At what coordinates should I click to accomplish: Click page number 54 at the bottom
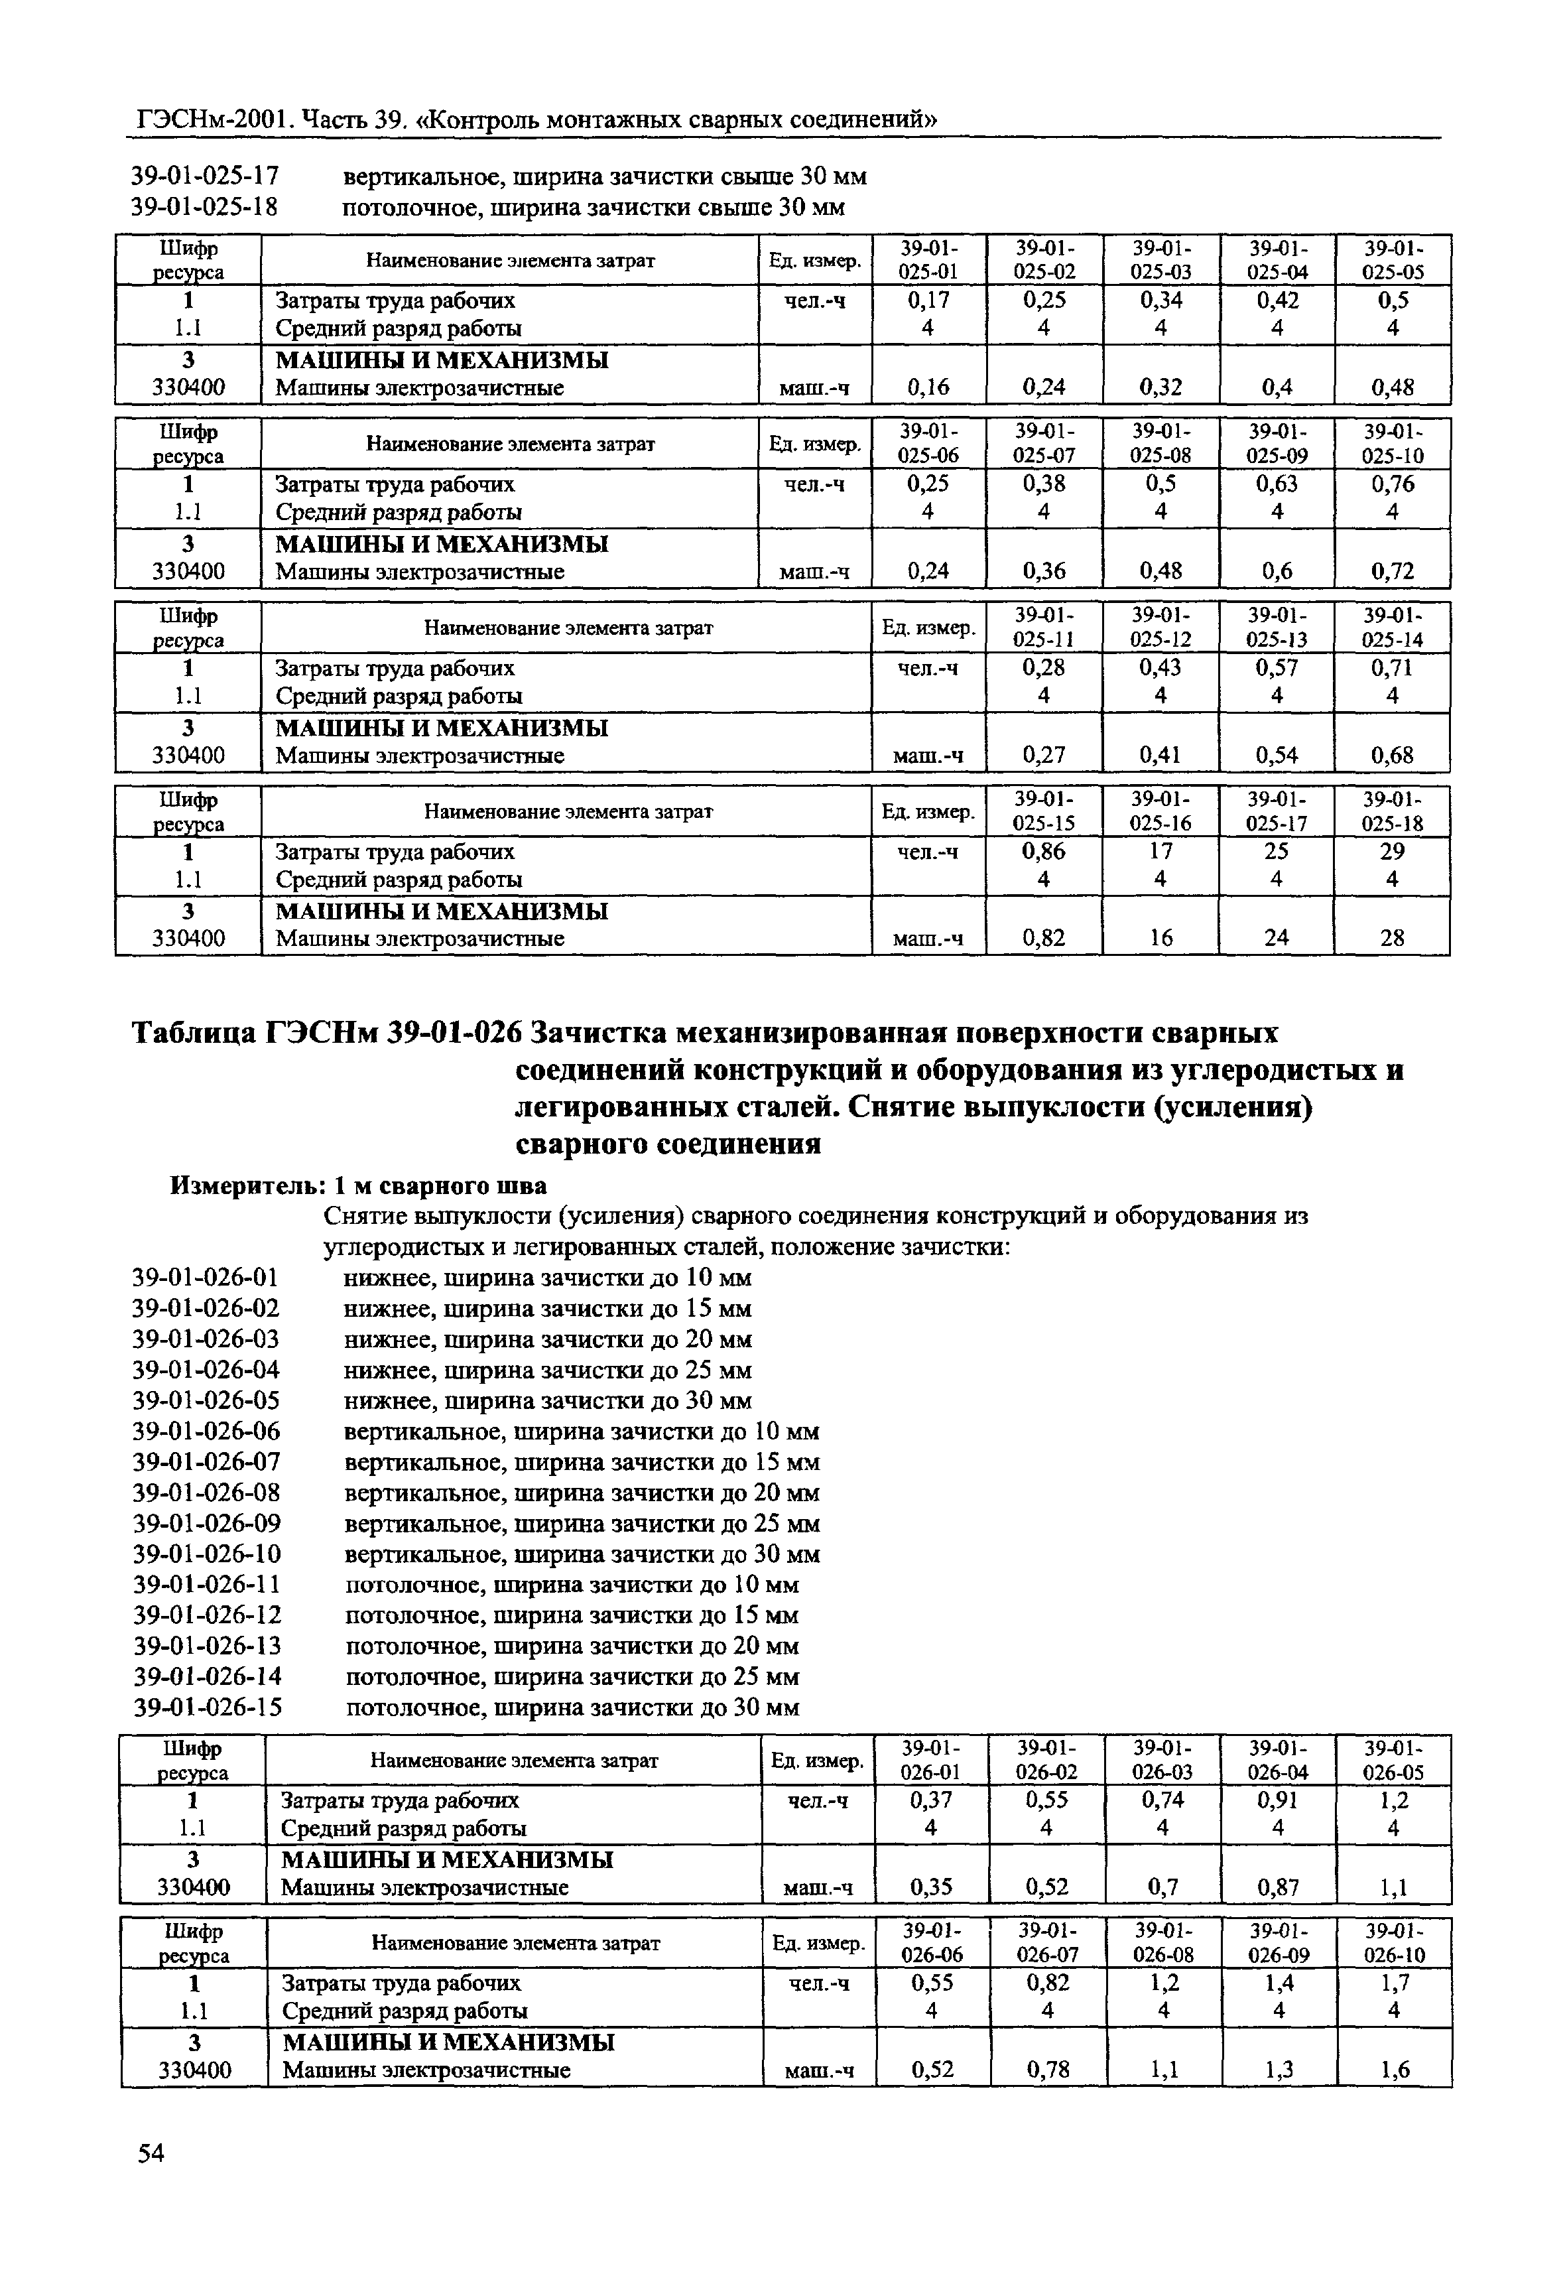pyautogui.click(x=151, y=2154)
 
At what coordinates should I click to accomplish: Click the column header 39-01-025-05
pyautogui.click(x=1392, y=260)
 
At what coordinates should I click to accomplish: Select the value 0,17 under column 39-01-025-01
pyautogui.click(x=928, y=301)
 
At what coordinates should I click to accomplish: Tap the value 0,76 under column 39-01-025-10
pyautogui.click(x=1392, y=484)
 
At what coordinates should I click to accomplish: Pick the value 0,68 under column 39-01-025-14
pyautogui.click(x=1392, y=755)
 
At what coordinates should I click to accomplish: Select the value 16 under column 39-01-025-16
pyautogui.click(x=1160, y=938)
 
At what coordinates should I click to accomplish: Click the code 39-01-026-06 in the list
pyautogui.click(x=206, y=1431)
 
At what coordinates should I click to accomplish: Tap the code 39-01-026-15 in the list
pyautogui.click(x=207, y=1707)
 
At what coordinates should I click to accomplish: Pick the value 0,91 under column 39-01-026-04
pyautogui.click(x=1277, y=1800)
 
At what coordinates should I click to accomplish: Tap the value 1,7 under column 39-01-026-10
pyautogui.click(x=1394, y=1982)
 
